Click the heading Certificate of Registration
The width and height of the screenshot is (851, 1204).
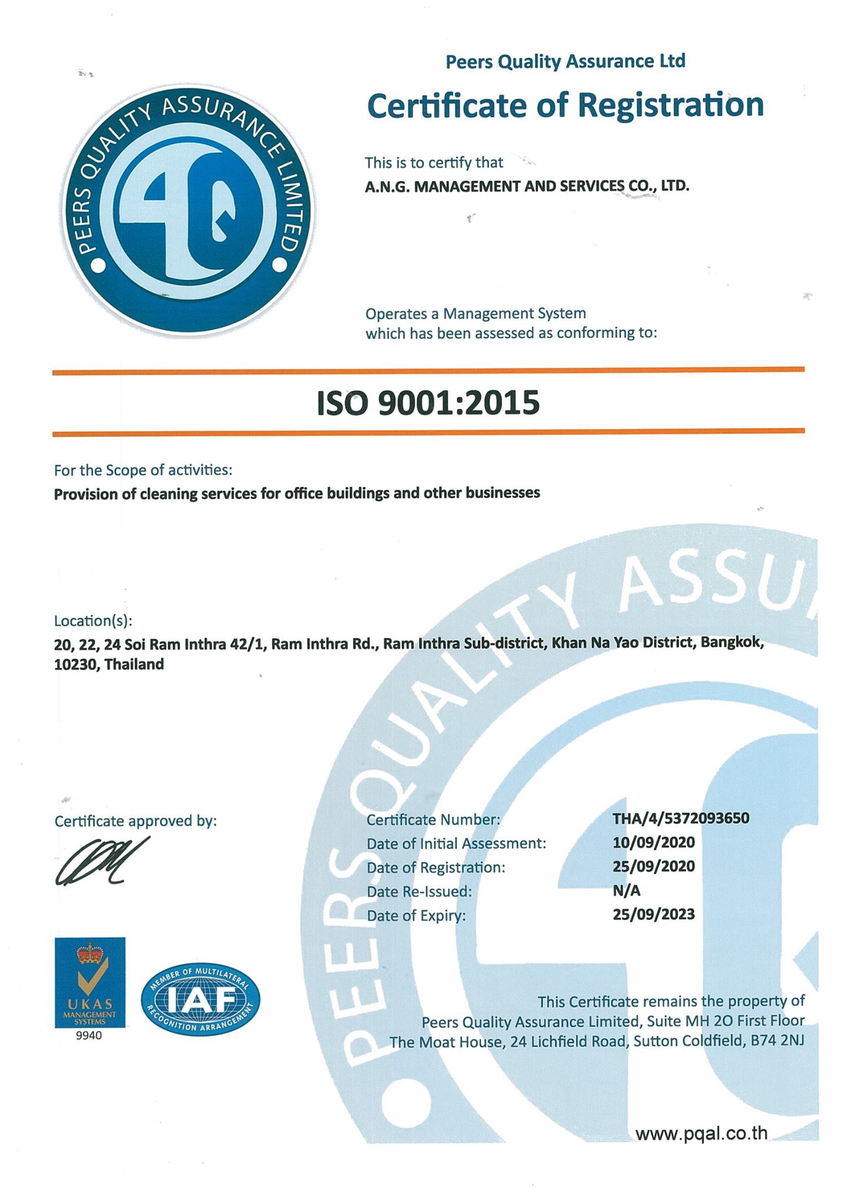click(565, 105)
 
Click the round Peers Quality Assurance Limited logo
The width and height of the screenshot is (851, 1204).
click(189, 211)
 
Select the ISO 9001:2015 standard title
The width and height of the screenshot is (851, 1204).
click(428, 403)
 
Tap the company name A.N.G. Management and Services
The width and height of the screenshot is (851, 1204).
click(526, 187)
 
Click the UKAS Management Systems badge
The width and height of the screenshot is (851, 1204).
click(89, 982)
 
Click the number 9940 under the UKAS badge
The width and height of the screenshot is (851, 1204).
click(89, 1036)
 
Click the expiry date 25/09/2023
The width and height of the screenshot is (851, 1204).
click(653, 914)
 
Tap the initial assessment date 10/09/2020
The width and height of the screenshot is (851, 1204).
click(653, 842)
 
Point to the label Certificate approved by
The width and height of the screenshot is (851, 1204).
click(135, 821)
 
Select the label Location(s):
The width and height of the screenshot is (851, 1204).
click(93, 621)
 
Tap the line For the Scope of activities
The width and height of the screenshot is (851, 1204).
click(143, 470)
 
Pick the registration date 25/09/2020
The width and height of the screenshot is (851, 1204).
click(653, 867)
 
